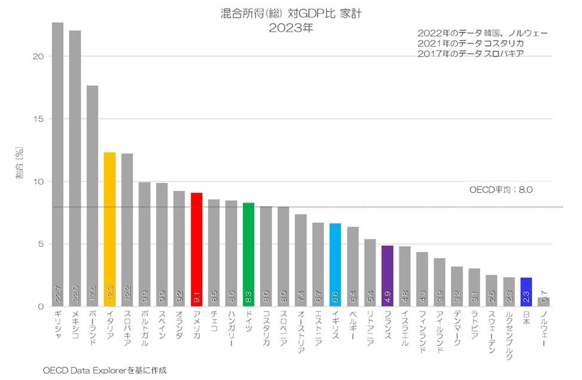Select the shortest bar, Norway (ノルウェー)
[x=543, y=302]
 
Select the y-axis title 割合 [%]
[x=20, y=163]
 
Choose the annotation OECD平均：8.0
[x=501, y=190]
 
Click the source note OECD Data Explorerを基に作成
[x=105, y=370]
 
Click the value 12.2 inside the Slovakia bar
[x=127, y=293]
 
